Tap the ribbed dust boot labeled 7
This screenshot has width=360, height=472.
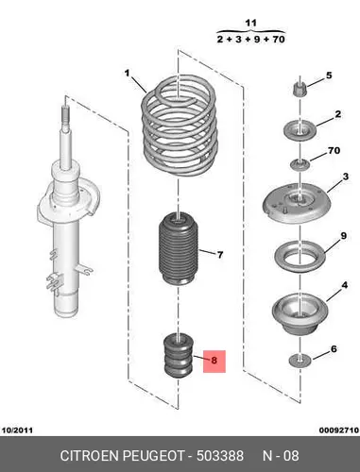178,249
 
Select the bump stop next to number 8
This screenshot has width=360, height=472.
179,357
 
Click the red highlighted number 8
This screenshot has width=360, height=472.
214,361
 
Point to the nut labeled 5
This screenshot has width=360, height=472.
300,90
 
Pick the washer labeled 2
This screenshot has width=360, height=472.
300,130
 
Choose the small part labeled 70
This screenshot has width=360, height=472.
300,164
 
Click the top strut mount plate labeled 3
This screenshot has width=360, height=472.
297,203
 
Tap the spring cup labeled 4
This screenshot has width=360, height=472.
300,314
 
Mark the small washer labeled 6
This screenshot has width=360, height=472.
300,361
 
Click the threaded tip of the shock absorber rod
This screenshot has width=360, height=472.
64,115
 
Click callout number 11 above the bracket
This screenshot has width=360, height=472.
250,24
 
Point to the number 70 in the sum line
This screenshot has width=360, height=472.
278,40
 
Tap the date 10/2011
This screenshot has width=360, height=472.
17,430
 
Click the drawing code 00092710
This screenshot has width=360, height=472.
339,430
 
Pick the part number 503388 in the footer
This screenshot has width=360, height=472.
220,456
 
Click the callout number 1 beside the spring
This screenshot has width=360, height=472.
127,74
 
